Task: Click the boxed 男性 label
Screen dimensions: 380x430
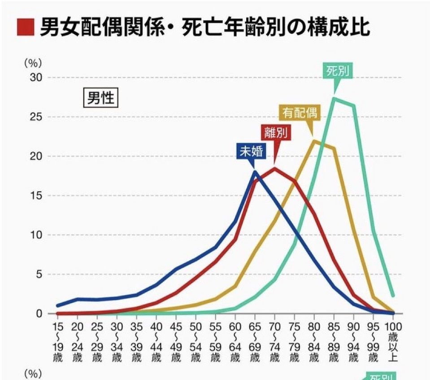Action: click(100, 98)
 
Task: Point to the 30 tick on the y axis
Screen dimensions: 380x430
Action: click(35, 78)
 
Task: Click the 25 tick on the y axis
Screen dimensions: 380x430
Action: click(35, 117)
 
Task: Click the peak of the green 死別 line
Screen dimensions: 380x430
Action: click(334, 98)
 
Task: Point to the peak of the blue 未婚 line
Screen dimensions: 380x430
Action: click(255, 171)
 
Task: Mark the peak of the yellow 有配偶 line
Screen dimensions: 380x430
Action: click(314, 141)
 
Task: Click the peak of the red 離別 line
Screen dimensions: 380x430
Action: click(274, 168)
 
